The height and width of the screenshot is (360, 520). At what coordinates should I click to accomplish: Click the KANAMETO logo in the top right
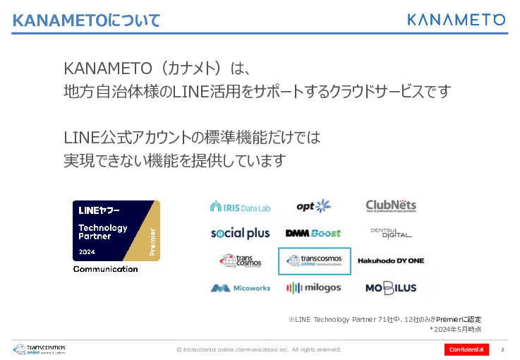(456, 19)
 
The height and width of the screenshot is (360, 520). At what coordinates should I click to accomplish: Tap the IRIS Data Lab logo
(241, 207)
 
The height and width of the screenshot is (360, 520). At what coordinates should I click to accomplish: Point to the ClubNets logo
(391, 206)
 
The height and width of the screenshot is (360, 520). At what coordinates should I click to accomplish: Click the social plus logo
(240, 233)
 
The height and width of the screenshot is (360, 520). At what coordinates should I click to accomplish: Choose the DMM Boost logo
(313, 233)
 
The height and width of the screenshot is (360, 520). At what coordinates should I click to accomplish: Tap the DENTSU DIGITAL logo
(391, 232)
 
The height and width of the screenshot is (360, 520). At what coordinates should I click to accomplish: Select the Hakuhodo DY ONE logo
(391, 260)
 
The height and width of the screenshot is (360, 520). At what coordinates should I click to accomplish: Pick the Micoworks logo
(241, 288)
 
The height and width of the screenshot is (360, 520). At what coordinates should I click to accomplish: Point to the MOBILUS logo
(391, 288)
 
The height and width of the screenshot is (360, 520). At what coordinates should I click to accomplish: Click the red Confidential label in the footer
(466, 350)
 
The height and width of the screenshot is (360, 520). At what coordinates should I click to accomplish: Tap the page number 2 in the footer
(502, 350)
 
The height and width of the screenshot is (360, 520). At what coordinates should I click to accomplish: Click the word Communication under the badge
(106, 270)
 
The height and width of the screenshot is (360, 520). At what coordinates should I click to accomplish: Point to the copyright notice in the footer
(258, 350)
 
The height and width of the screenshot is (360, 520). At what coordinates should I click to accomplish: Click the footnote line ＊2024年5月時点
(455, 329)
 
